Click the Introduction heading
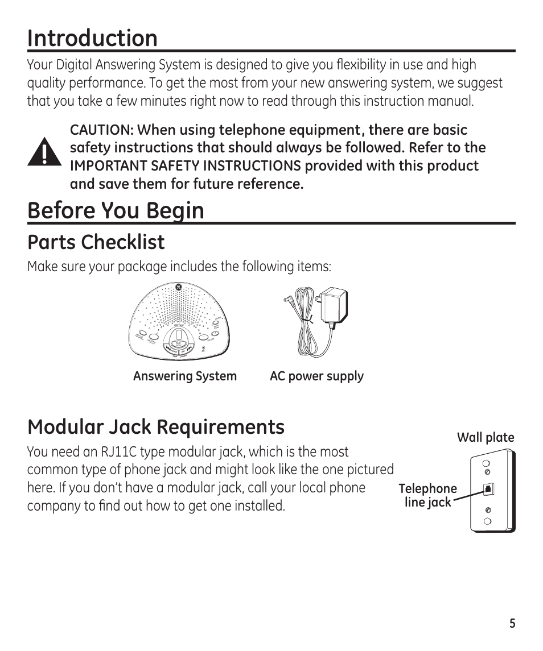92,38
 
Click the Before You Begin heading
116,210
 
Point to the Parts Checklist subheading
96,242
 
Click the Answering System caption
184,376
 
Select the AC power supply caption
316,376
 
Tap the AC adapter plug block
332,308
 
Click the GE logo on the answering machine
178,288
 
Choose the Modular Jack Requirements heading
155,426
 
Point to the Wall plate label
486,437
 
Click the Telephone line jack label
427,495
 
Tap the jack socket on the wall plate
487,489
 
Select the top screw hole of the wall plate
487,462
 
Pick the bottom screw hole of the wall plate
487,521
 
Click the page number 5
512,624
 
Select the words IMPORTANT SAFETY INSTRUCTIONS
185,166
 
